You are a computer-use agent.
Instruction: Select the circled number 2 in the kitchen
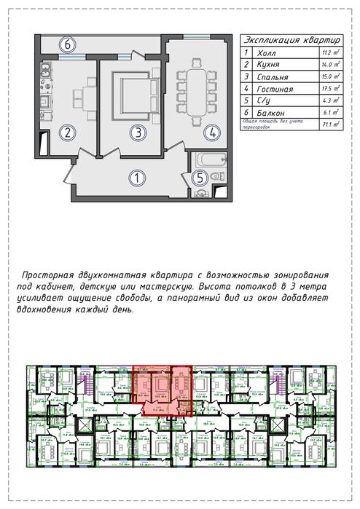(x=66, y=133)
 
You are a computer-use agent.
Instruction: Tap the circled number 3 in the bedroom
(x=136, y=133)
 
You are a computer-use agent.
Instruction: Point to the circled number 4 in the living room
(x=211, y=133)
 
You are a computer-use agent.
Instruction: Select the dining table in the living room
(x=197, y=90)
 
